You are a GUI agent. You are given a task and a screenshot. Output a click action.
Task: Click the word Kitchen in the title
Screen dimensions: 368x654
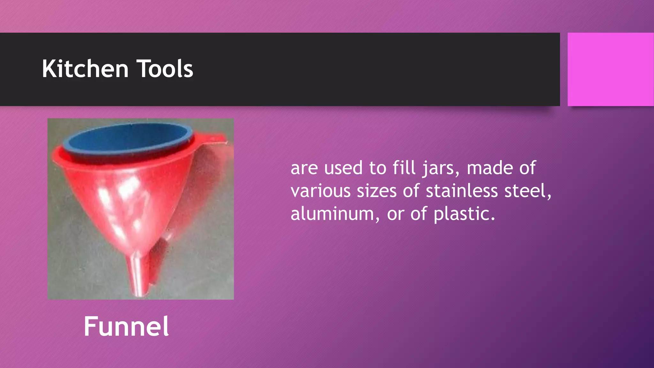click(85, 69)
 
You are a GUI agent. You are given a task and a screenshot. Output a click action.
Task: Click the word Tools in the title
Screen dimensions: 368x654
click(165, 69)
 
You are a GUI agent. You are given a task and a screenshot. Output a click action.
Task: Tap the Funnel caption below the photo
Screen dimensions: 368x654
click(126, 326)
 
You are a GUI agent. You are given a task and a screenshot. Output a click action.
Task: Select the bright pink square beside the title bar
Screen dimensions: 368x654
click(610, 69)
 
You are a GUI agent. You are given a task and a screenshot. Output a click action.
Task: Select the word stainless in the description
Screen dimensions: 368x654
click(462, 191)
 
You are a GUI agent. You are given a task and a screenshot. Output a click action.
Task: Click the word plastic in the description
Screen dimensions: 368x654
click(464, 214)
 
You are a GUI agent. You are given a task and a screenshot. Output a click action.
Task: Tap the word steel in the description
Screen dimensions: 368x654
click(528, 191)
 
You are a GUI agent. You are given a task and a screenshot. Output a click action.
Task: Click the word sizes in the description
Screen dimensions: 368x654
click(376, 191)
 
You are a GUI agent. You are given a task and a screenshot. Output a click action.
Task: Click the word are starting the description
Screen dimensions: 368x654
click(304, 168)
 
